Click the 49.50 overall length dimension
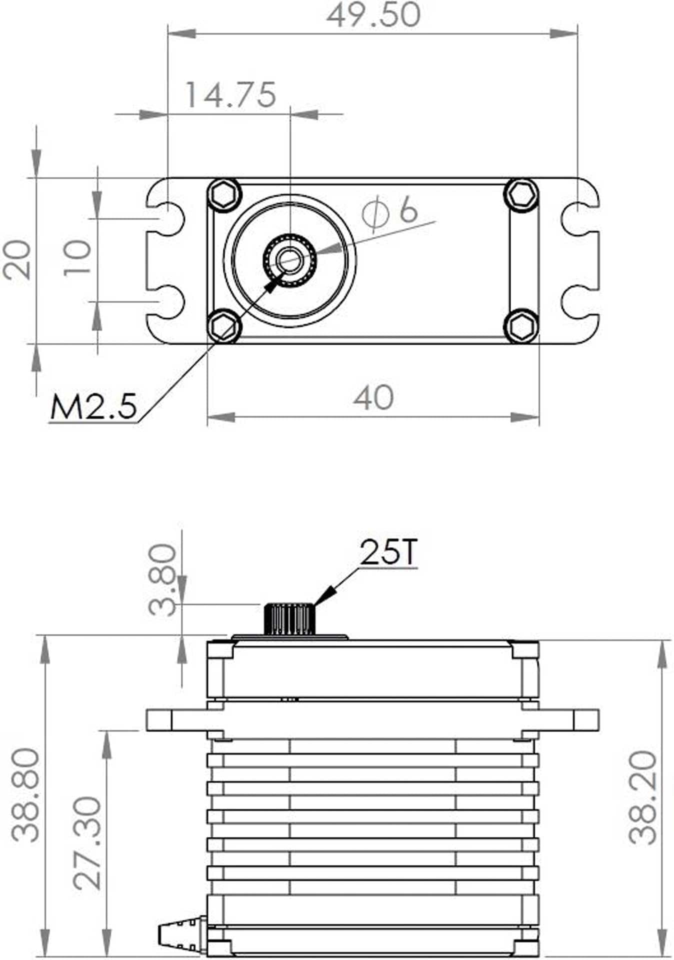(x=373, y=15)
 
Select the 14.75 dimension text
(x=230, y=94)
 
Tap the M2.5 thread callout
(x=93, y=406)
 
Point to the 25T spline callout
(x=388, y=552)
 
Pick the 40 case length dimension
(x=373, y=398)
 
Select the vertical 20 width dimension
(x=17, y=259)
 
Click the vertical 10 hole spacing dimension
(x=78, y=257)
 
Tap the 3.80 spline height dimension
(x=163, y=579)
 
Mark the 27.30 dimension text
(x=87, y=843)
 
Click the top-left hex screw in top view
(x=223, y=194)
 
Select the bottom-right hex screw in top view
(x=521, y=326)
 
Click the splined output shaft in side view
(x=289, y=619)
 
